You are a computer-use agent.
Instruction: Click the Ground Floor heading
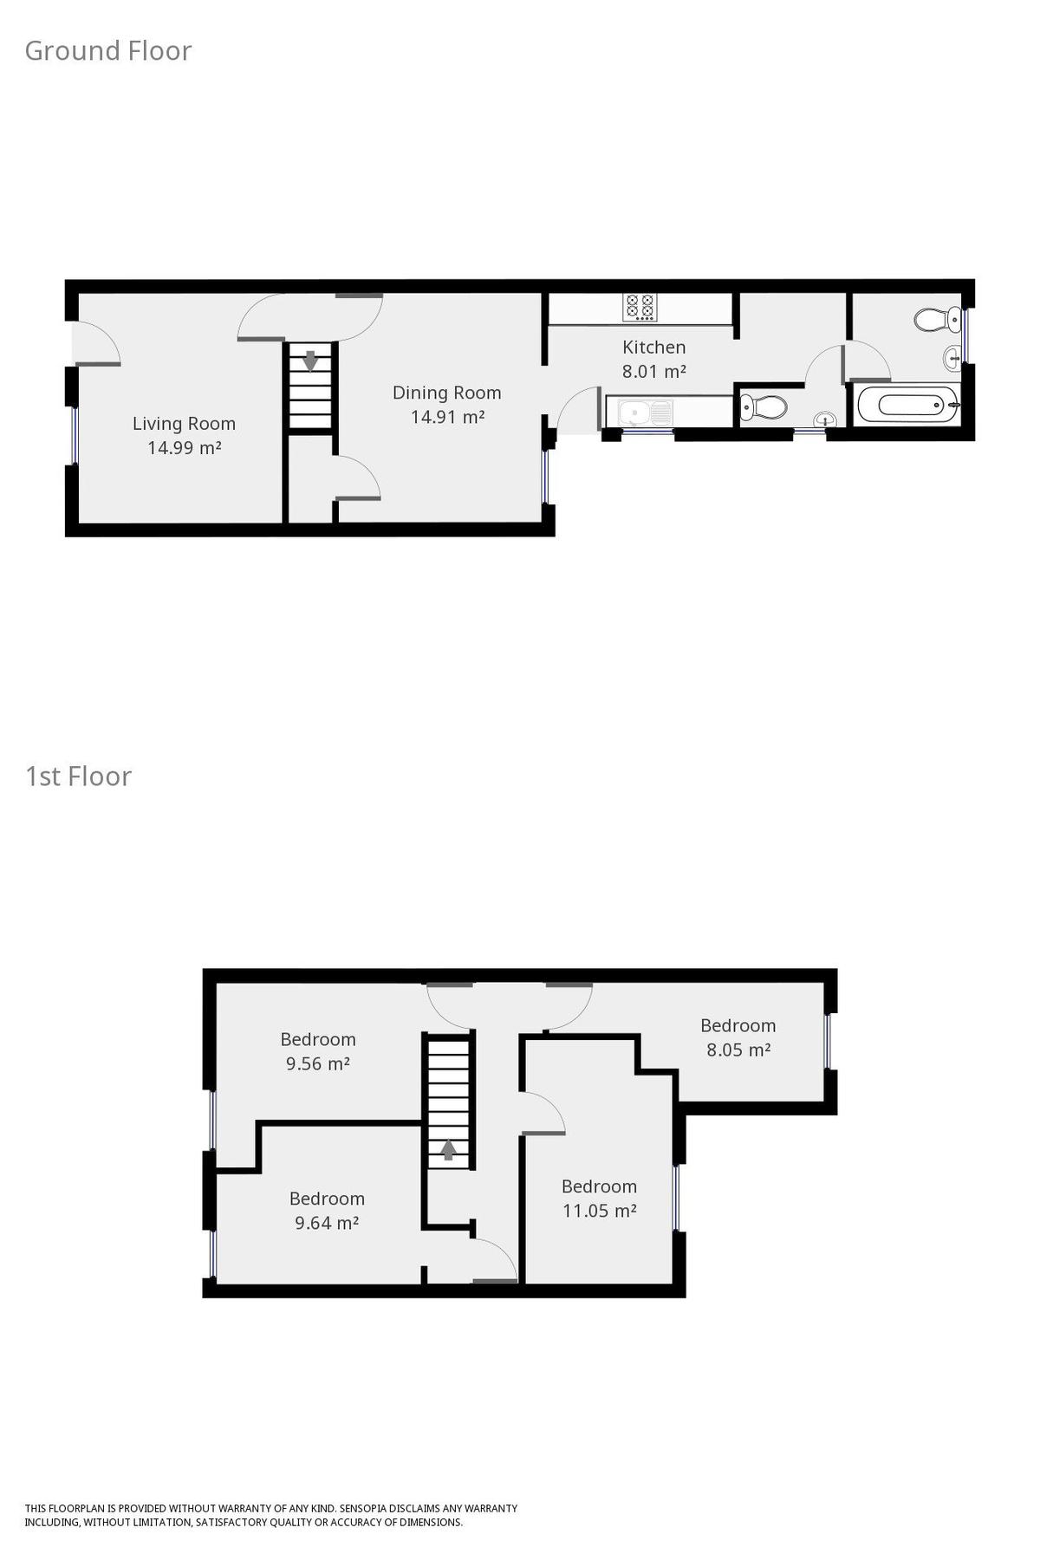108,51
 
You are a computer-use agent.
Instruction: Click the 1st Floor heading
79,777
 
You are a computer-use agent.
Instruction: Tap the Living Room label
184,424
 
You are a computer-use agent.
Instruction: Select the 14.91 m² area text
447,417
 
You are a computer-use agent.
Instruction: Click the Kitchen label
654,348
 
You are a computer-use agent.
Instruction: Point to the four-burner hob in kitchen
640,307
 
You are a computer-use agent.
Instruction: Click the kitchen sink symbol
646,412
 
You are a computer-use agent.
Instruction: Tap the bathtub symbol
907,405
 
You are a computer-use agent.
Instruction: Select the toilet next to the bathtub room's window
932,320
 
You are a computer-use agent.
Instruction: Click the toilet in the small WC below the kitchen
764,406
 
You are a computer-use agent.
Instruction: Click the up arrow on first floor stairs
448,1149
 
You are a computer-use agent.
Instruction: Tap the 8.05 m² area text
738,1050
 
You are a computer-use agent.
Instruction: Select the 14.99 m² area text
184,448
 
